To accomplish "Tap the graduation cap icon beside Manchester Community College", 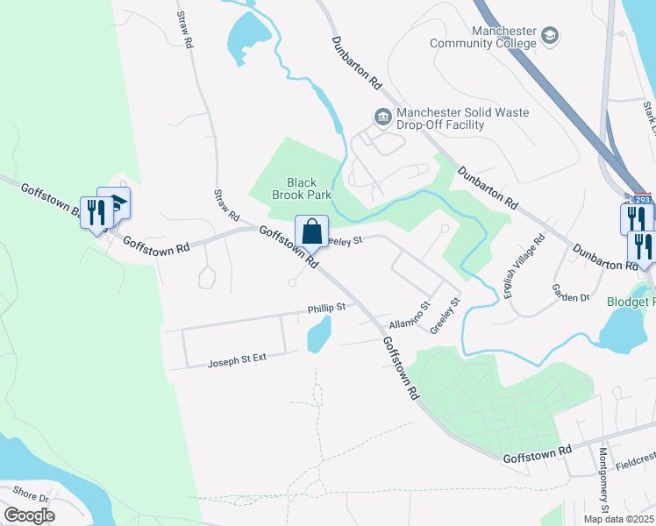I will click(551, 36).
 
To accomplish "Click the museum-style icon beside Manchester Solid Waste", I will click(382, 116).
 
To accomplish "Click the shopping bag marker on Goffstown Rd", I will click(311, 232).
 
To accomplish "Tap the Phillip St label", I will click(326, 309).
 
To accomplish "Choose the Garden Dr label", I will click(571, 292).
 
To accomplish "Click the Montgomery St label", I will click(603, 480).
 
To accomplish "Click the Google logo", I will click(29, 515).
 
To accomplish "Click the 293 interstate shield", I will click(642, 199).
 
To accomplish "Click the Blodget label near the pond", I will click(631, 302).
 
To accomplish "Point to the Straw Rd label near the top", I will click(183, 29).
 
